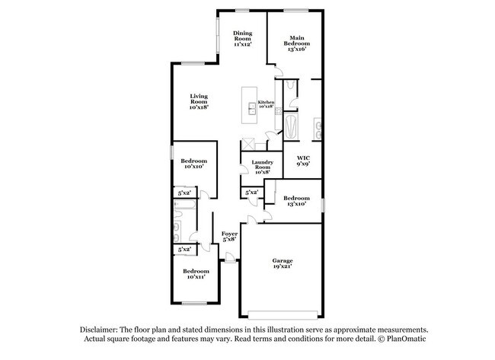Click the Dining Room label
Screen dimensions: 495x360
(x=242, y=39)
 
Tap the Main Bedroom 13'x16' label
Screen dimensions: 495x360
(x=297, y=43)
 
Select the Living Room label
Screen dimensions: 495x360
(x=199, y=101)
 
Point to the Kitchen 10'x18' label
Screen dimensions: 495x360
(x=266, y=104)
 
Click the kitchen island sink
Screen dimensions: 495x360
(x=252, y=108)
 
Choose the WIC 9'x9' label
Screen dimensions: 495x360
(x=303, y=161)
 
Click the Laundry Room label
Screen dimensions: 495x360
(x=262, y=167)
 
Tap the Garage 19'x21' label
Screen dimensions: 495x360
(x=283, y=263)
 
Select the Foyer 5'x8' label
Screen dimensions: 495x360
(x=229, y=236)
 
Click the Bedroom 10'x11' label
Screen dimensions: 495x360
(x=196, y=274)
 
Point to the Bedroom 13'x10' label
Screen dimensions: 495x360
(x=296, y=201)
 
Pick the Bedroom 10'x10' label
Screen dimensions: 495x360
(x=194, y=164)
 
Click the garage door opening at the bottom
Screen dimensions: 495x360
(x=283, y=315)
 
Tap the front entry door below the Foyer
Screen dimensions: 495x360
(x=230, y=259)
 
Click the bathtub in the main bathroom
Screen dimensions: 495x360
(x=291, y=126)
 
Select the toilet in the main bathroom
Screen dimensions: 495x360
(x=290, y=85)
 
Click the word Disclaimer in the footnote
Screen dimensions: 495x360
(x=98, y=330)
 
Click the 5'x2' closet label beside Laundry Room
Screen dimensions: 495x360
(x=252, y=192)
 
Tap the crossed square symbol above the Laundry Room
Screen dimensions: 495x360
(x=247, y=145)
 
